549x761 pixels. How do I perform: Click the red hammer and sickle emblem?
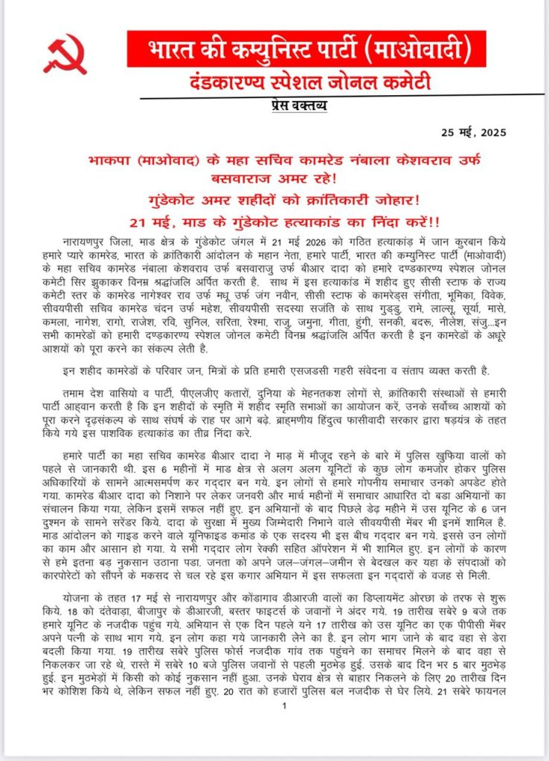(x=65, y=54)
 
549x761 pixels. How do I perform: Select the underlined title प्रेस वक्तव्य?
(x=295, y=105)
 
